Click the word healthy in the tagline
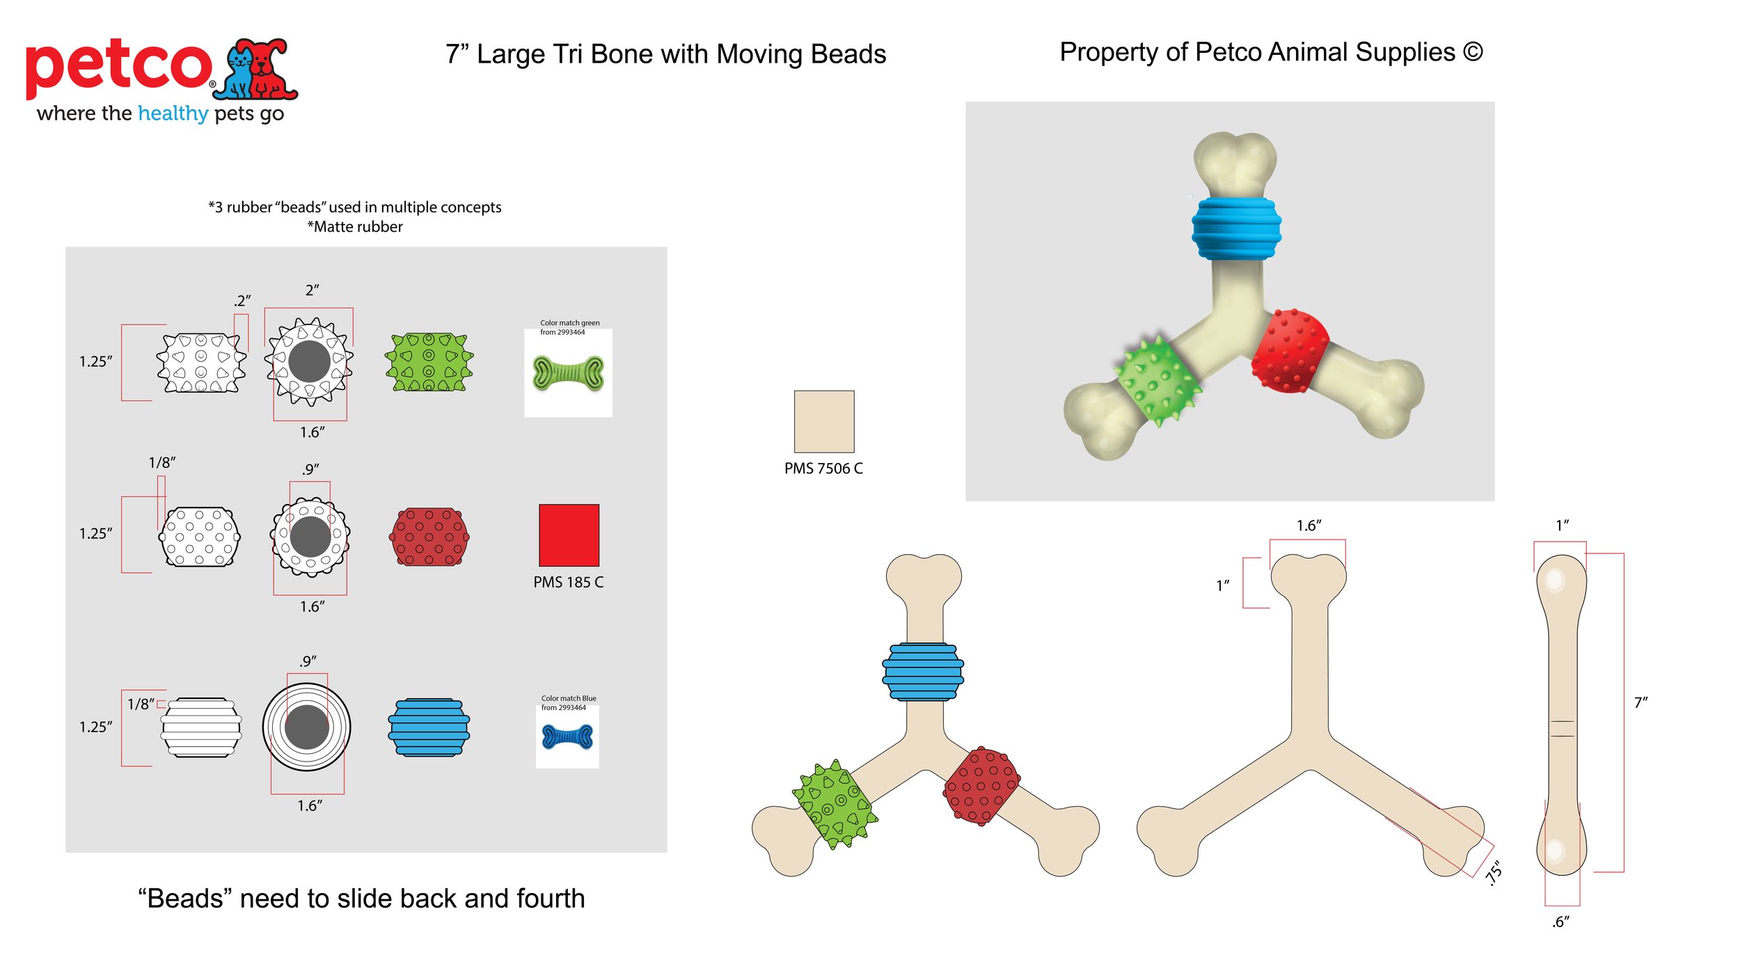point(173,113)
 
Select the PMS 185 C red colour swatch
point(569,535)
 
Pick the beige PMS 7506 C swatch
point(824,421)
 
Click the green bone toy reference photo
point(568,372)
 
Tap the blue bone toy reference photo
point(567,736)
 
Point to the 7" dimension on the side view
point(1640,702)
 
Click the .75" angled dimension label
point(1494,873)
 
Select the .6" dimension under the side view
point(1560,922)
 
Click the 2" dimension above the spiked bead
point(312,290)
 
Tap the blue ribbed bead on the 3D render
point(1236,228)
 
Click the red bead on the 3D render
point(1289,350)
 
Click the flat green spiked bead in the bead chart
point(429,362)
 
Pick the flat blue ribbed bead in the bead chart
point(429,727)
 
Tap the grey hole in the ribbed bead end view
point(306,727)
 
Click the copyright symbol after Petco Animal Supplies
point(1473,52)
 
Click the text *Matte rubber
point(355,227)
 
